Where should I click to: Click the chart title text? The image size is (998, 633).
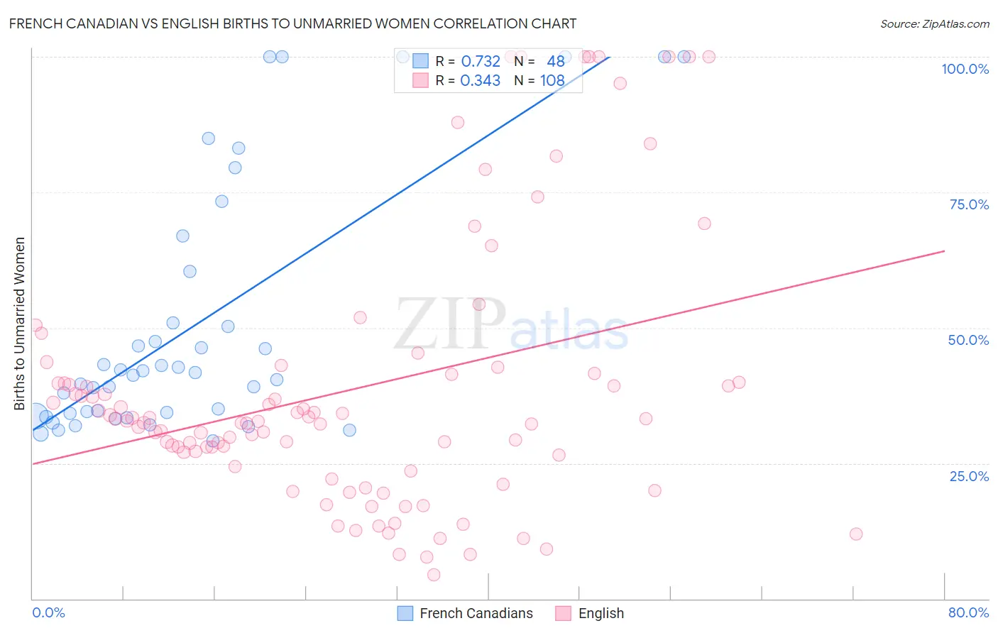pos(292,23)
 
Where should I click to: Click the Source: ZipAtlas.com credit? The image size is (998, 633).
pos(934,23)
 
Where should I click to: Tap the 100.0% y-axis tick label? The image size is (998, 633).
pos(965,69)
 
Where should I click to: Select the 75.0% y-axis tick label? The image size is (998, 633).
pos(969,204)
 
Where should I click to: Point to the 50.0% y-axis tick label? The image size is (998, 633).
pos(968,340)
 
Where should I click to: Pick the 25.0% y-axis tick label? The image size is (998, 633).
pos(969,475)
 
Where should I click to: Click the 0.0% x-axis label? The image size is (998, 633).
pos(48,612)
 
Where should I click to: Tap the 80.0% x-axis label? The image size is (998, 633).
pos(968,612)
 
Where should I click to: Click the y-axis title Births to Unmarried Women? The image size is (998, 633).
pos(19,324)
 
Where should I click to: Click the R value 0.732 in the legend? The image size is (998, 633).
pos(481,61)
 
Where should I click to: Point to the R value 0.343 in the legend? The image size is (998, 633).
pos(481,80)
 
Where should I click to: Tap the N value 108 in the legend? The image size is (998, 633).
pos(552,80)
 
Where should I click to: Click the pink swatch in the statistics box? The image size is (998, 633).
pos(421,80)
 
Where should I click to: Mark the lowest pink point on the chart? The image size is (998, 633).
pos(434,575)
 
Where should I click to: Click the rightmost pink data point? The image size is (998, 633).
pos(856,534)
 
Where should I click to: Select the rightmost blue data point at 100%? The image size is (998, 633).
pos(684,57)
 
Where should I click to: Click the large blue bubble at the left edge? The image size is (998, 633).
pos(36,418)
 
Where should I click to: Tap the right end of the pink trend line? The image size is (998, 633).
pos(944,251)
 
